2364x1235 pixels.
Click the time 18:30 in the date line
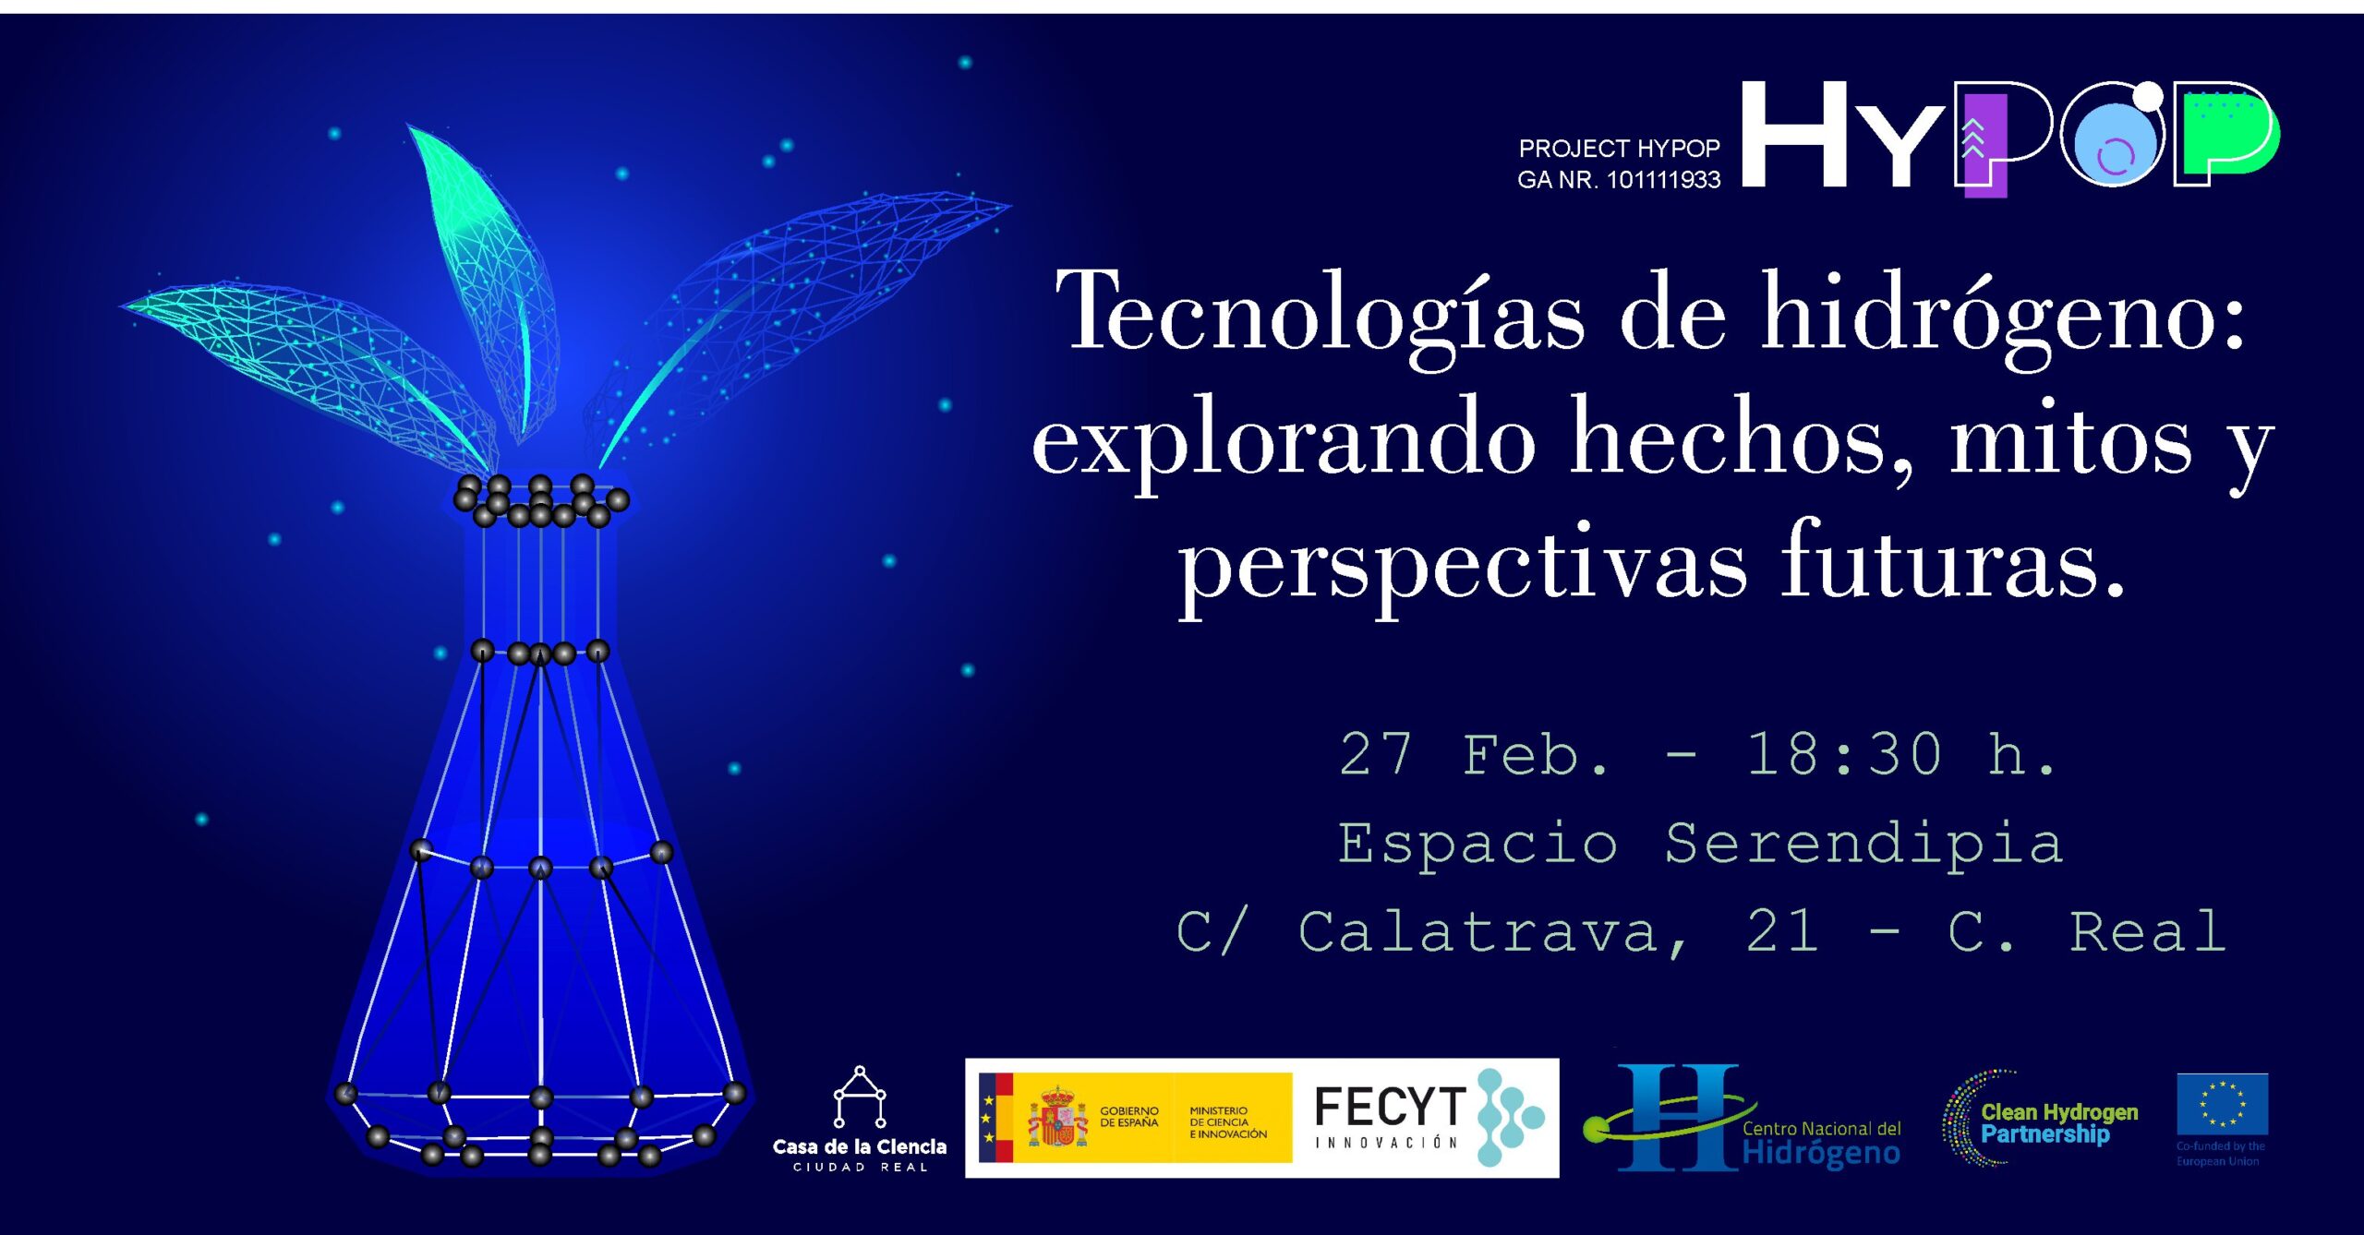click(x=1845, y=755)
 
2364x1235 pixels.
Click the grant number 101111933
click(x=1664, y=180)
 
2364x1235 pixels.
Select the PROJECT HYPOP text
click(x=1620, y=148)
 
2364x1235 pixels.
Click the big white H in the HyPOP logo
click(x=1794, y=135)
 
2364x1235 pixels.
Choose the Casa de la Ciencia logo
click(x=860, y=1120)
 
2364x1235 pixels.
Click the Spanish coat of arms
click(x=1058, y=1118)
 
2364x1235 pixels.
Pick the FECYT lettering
click(x=1389, y=1107)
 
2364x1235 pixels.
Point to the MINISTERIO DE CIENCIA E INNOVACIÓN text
click(x=1228, y=1122)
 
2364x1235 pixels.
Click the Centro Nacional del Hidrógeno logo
click(x=1742, y=1118)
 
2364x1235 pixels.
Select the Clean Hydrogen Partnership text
click(x=2059, y=1123)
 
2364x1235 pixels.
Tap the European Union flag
click(x=2222, y=1104)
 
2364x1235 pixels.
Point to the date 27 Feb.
click(x=1474, y=755)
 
